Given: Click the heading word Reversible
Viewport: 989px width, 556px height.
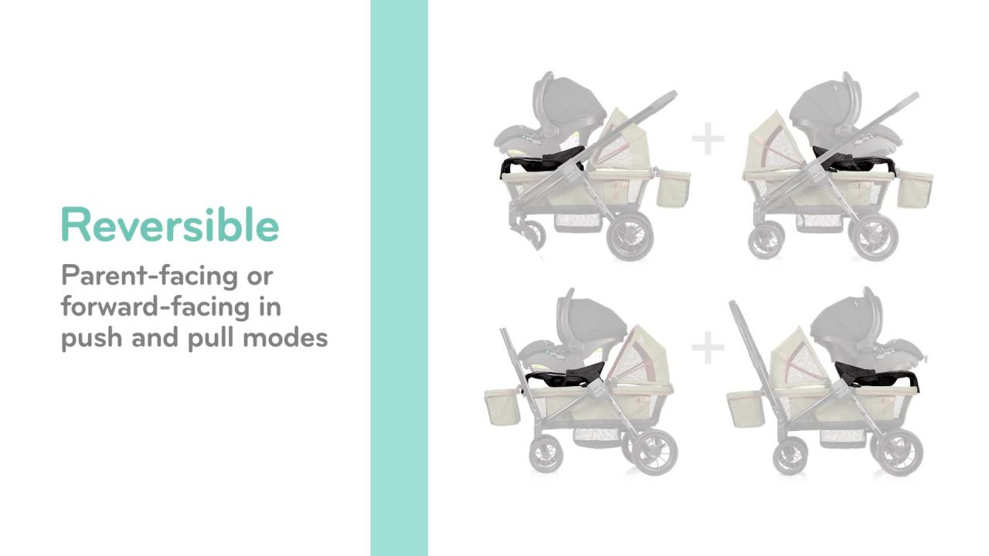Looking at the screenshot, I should (169, 225).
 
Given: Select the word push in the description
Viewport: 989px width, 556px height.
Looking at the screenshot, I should (92, 338).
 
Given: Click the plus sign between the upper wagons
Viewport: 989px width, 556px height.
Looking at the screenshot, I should (708, 140).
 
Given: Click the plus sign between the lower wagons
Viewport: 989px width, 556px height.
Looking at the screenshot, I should (708, 348).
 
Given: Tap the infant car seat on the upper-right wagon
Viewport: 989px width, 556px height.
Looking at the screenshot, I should (846, 116).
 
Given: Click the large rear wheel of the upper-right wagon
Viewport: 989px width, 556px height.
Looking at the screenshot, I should (876, 236).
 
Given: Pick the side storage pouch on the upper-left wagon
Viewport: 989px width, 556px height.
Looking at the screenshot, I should (672, 189).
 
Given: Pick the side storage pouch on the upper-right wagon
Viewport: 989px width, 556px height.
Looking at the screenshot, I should (915, 190).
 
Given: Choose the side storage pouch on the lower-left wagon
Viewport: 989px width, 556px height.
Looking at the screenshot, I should (501, 406).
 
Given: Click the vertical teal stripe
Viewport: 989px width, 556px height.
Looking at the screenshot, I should (399, 278).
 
